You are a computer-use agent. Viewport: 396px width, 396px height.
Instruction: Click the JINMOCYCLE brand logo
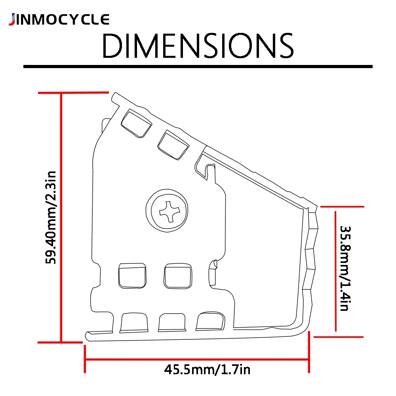[x=59, y=19]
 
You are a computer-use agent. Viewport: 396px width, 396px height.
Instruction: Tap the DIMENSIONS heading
[x=198, y=46]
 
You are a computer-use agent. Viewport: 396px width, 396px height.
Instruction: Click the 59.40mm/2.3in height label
[x=51, y=217]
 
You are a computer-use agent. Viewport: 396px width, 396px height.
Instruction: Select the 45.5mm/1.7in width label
[x=207, y=369]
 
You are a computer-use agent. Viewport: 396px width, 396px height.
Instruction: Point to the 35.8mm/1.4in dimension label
[x=345, y=268]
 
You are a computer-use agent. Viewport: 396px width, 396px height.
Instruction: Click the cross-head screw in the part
[x=167, y=210]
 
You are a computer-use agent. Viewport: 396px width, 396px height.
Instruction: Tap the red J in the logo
[x=12, y=20]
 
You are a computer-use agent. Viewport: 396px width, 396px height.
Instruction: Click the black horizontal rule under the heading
[x=198, y=67]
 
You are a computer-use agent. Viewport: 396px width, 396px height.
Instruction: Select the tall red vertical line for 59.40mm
[x=61, y=217]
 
